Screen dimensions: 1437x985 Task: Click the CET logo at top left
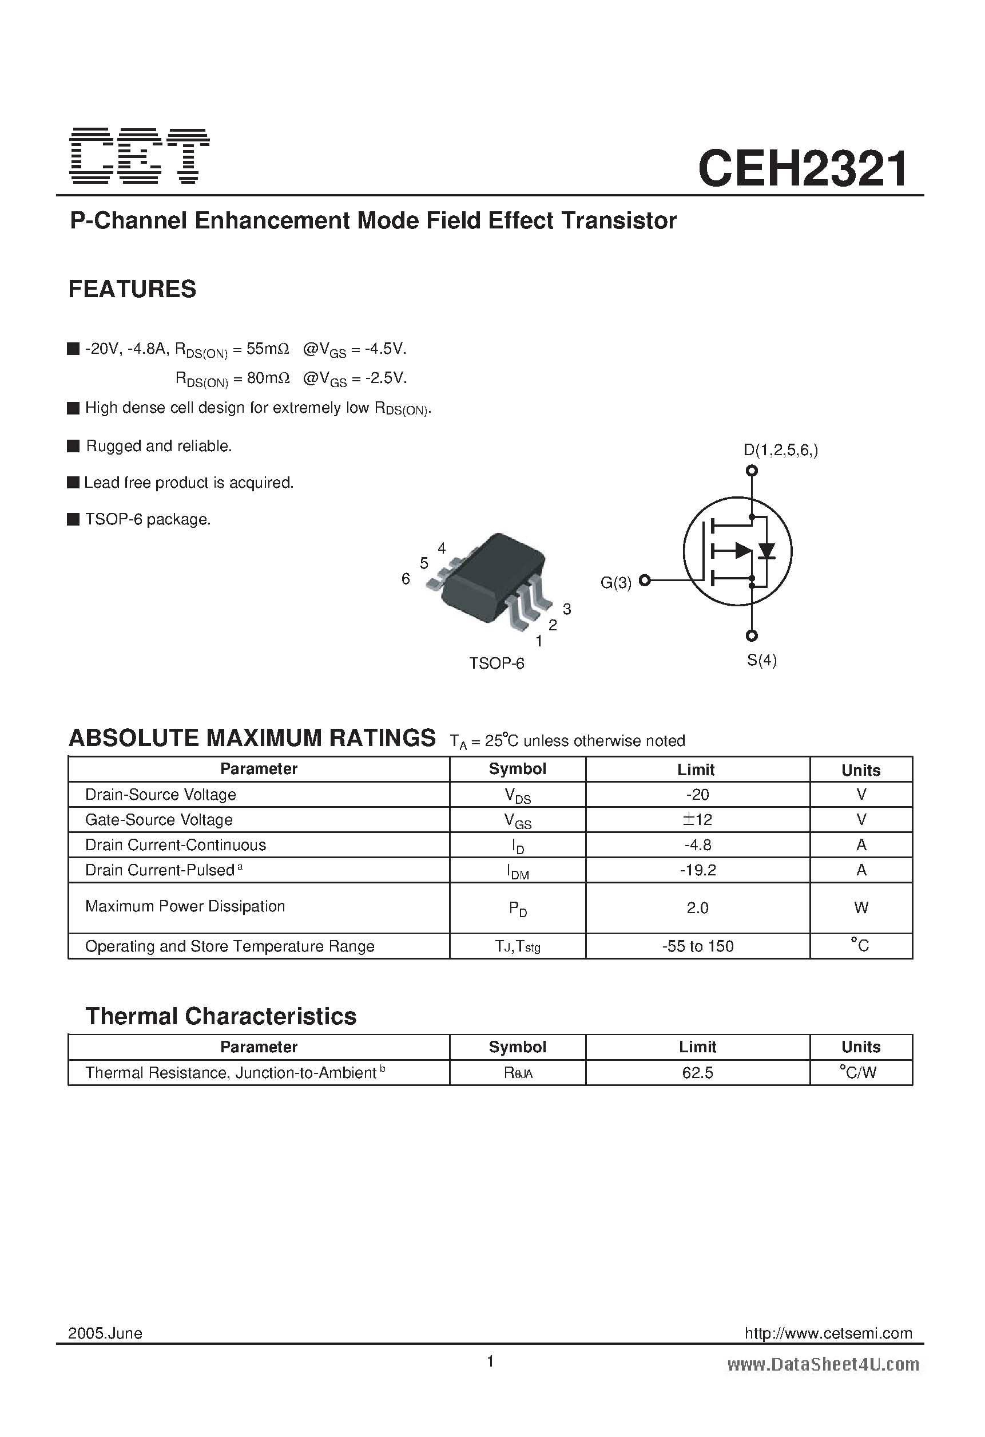pos(140,156)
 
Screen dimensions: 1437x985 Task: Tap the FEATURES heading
pos(132,289)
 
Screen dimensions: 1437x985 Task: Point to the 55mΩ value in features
pos(268,349)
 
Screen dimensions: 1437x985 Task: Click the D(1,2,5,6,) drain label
pos(780,450)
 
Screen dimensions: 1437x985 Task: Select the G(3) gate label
pos(615,582)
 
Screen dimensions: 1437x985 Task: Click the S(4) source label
pos(761,660)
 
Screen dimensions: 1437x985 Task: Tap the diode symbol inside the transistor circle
pos(767,550)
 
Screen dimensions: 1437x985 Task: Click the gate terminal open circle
pos(645,580)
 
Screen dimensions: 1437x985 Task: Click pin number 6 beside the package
pos(406,579)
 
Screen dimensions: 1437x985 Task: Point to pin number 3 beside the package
pos(567,609)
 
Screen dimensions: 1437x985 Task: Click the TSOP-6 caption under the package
pos(496,664)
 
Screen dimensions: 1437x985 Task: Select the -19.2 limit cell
pos(697,870)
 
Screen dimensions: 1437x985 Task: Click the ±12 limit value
pos(697,819)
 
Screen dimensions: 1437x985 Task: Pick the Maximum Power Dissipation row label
pos(185,906)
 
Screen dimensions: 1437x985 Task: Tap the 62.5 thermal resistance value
pos(697,1073)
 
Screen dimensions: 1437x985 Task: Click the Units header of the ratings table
pos(860,771)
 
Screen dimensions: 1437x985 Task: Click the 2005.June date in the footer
pos(105,1333)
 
